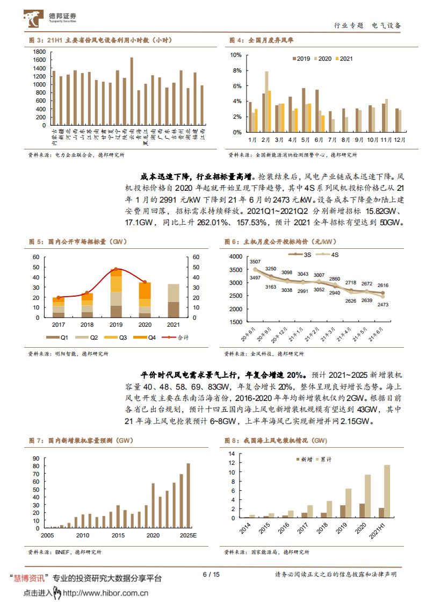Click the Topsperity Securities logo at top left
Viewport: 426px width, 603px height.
[x=49, y=19]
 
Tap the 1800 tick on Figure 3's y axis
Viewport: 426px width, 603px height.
[x=38, y=52]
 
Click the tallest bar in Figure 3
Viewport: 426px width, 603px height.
[x=132, y=91]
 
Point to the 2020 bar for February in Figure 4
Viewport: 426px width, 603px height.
[x=266, y=102]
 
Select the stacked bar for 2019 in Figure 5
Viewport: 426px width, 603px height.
[x=115, y=293]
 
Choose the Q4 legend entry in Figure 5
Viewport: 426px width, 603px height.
[x=147, y=337]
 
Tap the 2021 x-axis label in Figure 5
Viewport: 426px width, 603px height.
[x=174, y=325]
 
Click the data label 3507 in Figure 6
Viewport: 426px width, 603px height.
[x=255, y=262]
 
